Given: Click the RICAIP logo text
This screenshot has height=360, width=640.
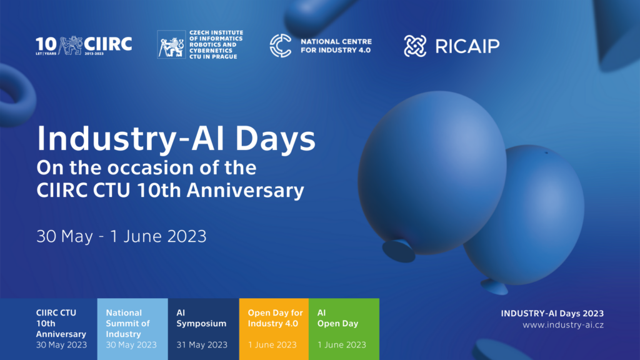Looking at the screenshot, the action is point(467,46).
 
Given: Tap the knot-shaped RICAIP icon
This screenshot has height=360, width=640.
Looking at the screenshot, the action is point(415,46).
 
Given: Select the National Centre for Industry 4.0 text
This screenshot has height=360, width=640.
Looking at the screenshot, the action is point(336,46).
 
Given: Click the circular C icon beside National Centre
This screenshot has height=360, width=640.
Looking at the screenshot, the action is point(281,45).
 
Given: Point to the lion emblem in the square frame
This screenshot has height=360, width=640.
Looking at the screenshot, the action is point(171,44).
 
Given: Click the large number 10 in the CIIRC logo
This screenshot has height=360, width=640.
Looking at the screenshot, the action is point(46,44).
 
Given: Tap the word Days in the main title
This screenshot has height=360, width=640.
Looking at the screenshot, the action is point(276,139).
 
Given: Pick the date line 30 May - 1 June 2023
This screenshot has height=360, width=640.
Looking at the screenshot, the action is point(122,236).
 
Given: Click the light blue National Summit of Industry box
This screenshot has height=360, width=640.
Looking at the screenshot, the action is point(132,329).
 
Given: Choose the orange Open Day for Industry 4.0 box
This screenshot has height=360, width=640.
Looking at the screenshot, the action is point(274,329).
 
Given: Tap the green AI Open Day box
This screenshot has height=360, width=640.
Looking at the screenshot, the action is point(344,329).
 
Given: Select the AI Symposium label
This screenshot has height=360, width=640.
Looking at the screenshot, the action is point(201,318).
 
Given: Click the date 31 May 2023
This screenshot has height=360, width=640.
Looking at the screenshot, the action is point(202,345).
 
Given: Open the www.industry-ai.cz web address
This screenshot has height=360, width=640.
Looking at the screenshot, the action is point(563,325).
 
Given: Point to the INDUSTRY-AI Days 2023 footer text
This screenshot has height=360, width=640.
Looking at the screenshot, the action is point(552,314).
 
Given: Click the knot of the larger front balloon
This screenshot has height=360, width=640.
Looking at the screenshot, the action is point(399,251).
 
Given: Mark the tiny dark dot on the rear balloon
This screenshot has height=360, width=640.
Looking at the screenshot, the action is point(546,153).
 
